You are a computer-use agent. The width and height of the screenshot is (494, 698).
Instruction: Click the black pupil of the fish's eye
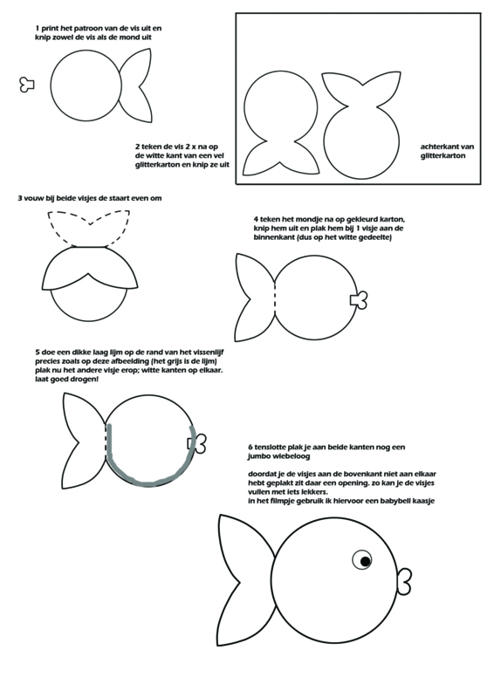pyautogui.click(x=366, y=561)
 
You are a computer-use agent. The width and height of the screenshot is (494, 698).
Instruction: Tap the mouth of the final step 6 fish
pyautogui.click(x=404, y=580)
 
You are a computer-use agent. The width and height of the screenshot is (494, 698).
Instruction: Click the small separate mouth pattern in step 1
pyautogui.click(x=27, y=84)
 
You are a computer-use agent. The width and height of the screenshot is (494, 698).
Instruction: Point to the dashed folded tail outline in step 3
pyautogui.click(x=89, y=228)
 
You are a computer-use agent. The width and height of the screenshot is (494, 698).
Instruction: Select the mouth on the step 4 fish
pyautogui.click(x=359, y=300)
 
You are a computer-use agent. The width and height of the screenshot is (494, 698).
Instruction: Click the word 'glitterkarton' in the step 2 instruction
pyautogui.click(x=156, y=165)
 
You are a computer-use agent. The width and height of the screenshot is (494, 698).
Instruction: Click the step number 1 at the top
pyautogui.click(x=38, y=29)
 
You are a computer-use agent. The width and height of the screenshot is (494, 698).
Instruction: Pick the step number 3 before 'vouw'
pyautogui.click(x=20, y=198)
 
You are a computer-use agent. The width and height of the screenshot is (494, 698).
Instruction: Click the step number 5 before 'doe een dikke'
pyautogui.click(x=38, y=352)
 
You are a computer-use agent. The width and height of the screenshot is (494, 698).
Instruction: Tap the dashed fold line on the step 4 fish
pyautogui.click(x=275, y=297)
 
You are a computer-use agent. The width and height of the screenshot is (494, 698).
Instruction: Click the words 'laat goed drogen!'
pyautogui.click(x=67, y=380)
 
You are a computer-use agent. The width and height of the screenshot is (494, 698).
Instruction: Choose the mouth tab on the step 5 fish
pyautogui.click(x=197, y=444)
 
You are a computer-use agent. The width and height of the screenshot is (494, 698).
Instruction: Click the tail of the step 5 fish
pyautogui.click(x=85, y=441)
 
